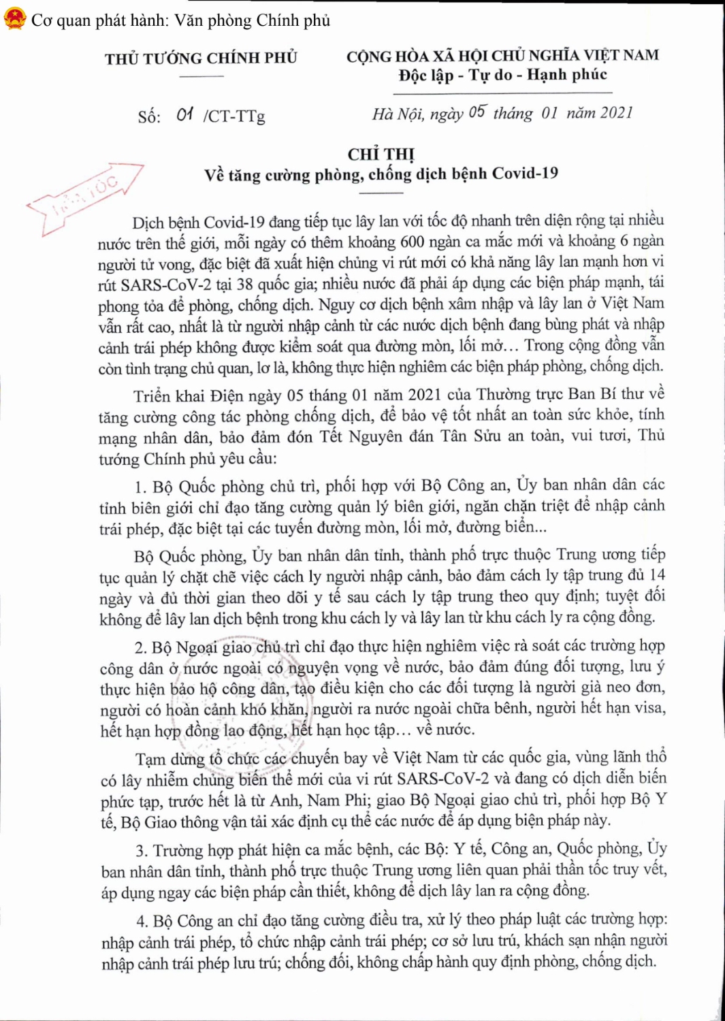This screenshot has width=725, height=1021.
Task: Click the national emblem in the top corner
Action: point(14,19)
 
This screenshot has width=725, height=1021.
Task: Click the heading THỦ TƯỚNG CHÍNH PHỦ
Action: point(201,59)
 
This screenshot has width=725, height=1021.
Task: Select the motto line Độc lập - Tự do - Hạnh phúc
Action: point(502,75)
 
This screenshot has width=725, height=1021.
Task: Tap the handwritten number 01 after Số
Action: point(184,114)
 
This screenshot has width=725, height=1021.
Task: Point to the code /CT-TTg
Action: point(233,116)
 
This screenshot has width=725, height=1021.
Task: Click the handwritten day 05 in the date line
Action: point(477,112)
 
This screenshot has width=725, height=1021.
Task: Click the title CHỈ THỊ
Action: point(381,155)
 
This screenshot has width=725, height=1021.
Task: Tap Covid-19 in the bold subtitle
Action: point(524,173)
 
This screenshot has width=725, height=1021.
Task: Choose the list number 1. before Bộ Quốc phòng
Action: point(140,487)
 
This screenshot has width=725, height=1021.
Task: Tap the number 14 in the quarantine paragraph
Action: point(657,575)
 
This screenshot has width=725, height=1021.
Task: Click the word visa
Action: point(650,709)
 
